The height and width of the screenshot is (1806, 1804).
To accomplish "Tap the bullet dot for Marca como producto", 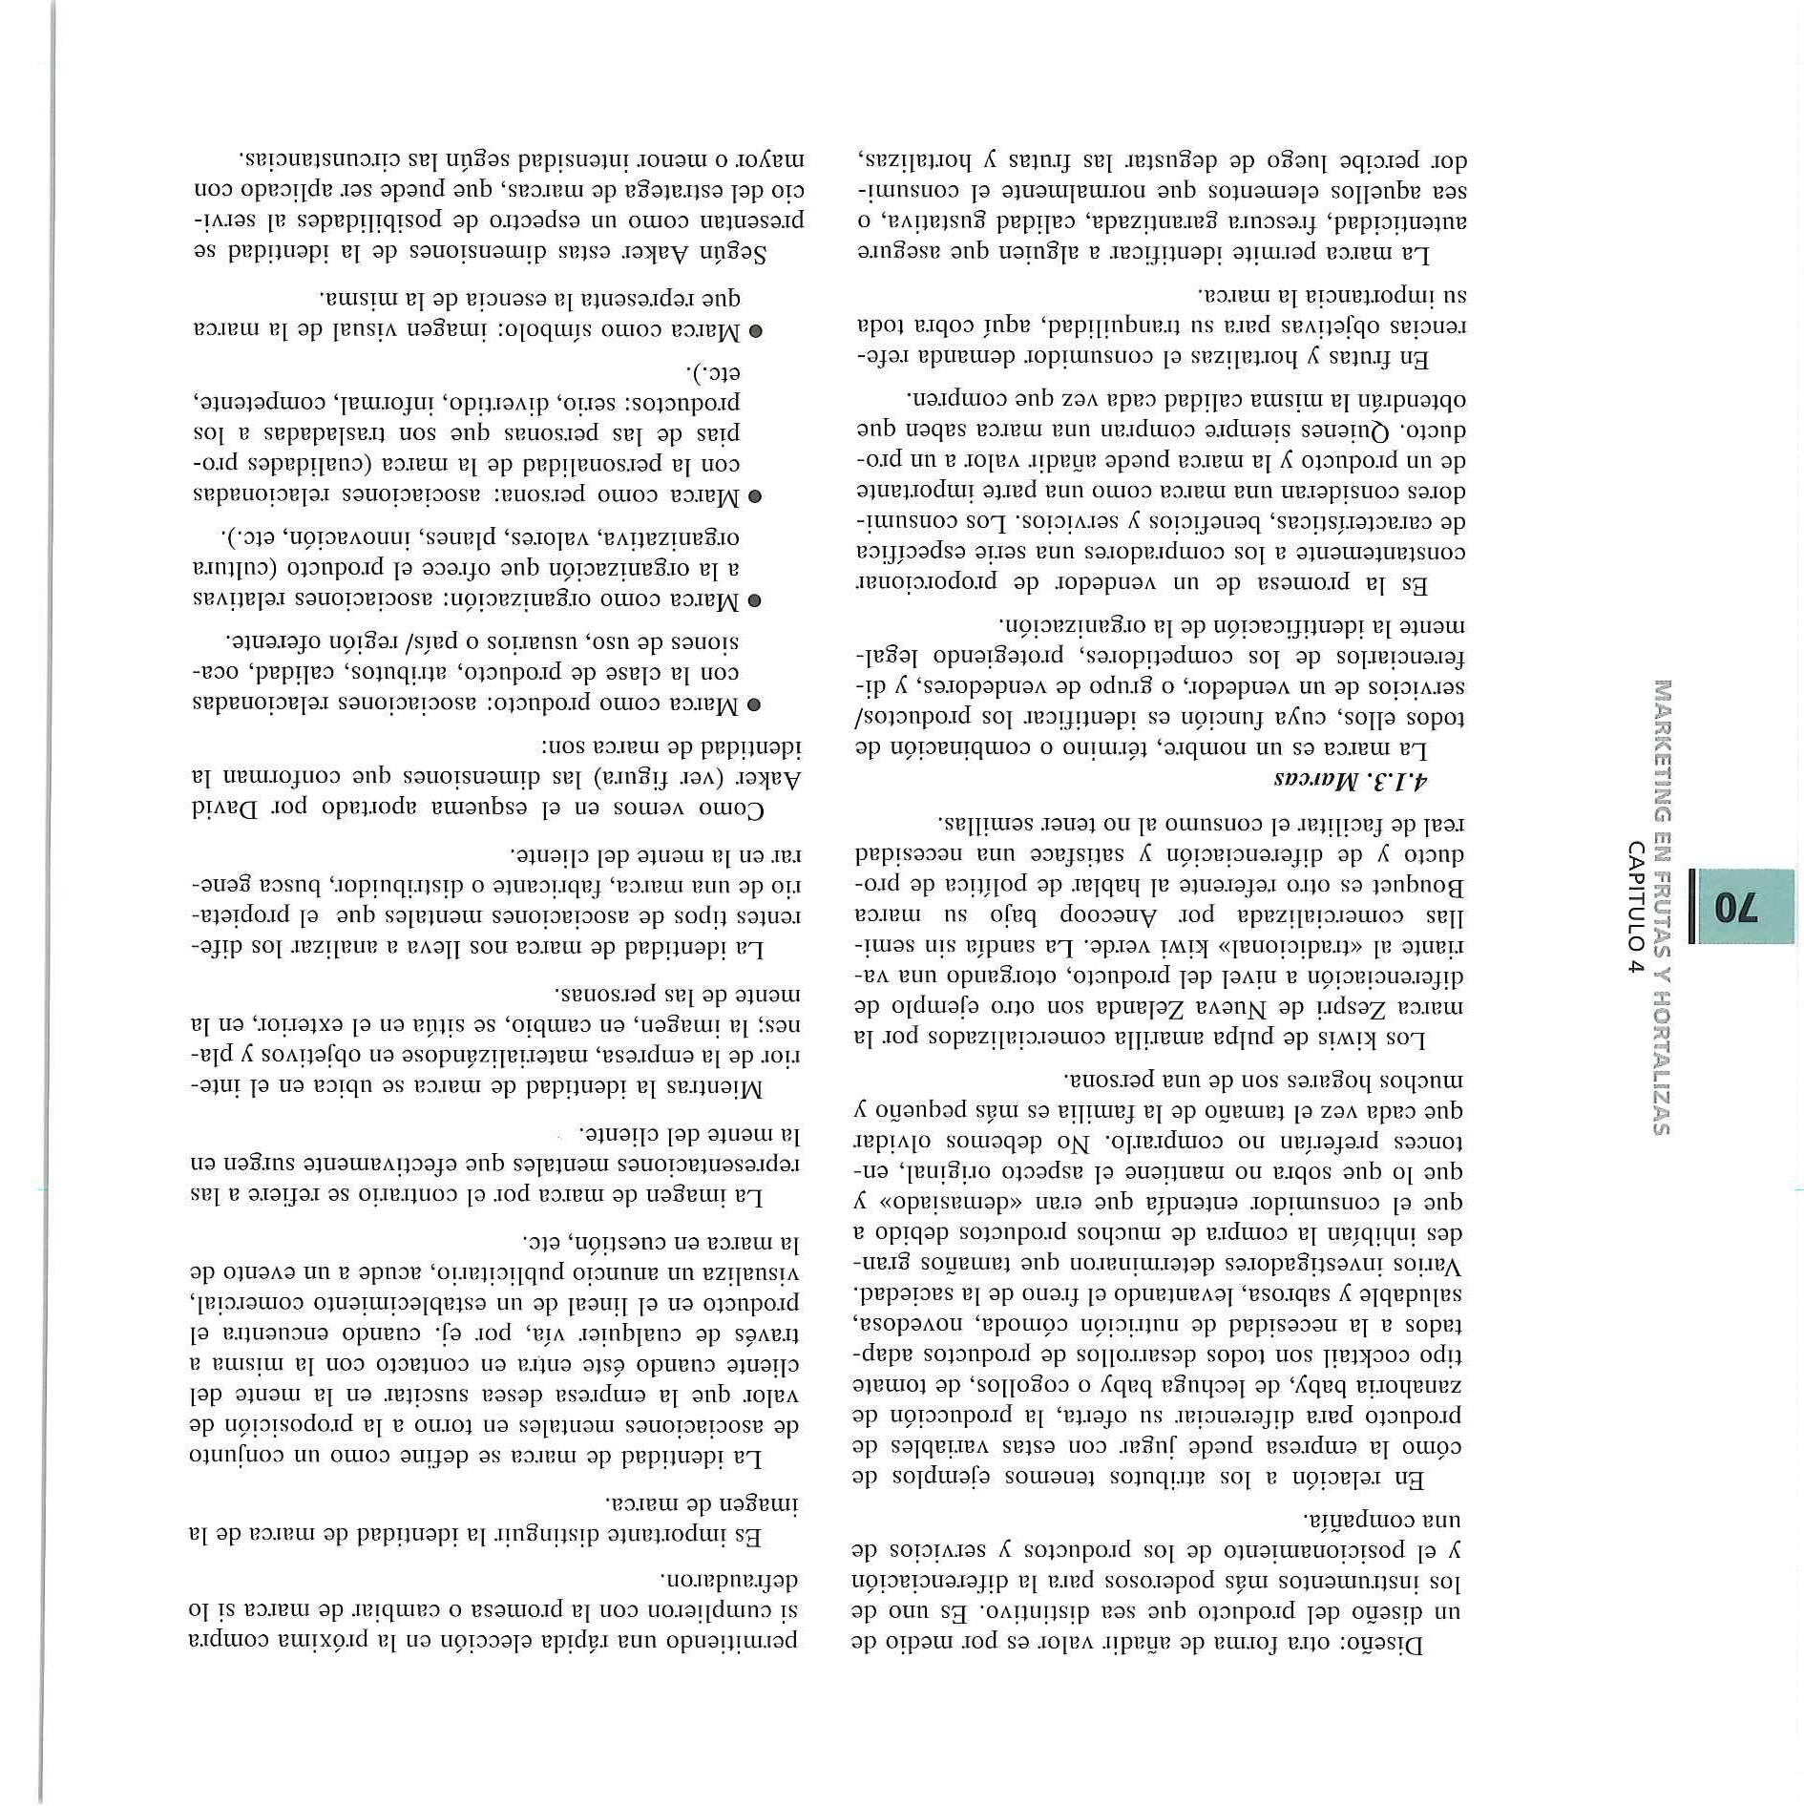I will [754, 705].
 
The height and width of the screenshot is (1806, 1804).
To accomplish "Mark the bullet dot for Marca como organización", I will [754, 601].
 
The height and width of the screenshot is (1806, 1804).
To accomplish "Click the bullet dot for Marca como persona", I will [754, 496].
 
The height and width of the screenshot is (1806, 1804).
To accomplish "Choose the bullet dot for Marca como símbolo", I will [754, 332].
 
